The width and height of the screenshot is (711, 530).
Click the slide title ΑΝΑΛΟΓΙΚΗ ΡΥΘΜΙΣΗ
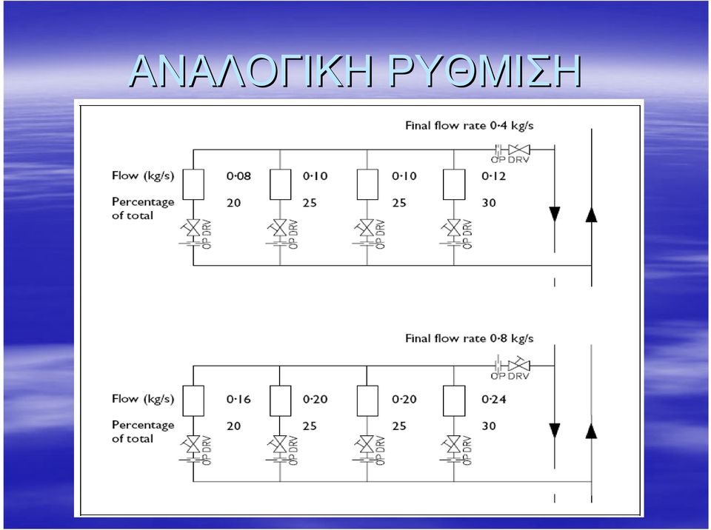pyautogui.click(x=355, y=71)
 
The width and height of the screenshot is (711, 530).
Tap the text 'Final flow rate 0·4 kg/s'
pyautogui.click(x=470, y=126)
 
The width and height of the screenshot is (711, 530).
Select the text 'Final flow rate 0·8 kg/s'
pyautogui.click(x=470, y=339)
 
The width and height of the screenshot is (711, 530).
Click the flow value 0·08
pyautogui.click(x=238, y=176)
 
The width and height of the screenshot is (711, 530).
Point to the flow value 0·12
pyautogui.click(x=493, y=176)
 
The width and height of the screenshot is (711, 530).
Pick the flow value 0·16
pyautogui.click(x=238, y=400)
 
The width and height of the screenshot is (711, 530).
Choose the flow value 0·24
pyautogui.click(x=494, y=400)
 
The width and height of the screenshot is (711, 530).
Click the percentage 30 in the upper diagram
pyautogui.click(x=489, y=203)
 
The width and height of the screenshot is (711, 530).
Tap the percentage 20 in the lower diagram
pyautogui.click(x=233, y=426)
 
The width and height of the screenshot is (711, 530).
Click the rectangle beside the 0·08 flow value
pyautogui.click(x=193, y=184)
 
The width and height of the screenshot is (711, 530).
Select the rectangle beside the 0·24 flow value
pyautogui.click(x=454, y=400)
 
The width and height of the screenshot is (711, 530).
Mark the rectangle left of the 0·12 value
pyautogui.click(x=454, y=184)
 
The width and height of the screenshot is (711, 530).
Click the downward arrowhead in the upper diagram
pyautogui.click(x=555, y=215)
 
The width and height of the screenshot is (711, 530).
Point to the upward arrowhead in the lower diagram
pyautogui.click(x=591, y=431)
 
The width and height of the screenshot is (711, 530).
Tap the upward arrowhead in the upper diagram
pyautogui.click(x=591, y=215)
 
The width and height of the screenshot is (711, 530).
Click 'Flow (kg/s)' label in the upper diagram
pyautogui.click(x=143, y=176)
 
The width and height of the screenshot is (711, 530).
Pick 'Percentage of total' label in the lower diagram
pyautogui.click(x=143, y=432)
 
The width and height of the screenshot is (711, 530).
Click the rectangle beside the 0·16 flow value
pyautogui.click(x=193, y=400)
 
